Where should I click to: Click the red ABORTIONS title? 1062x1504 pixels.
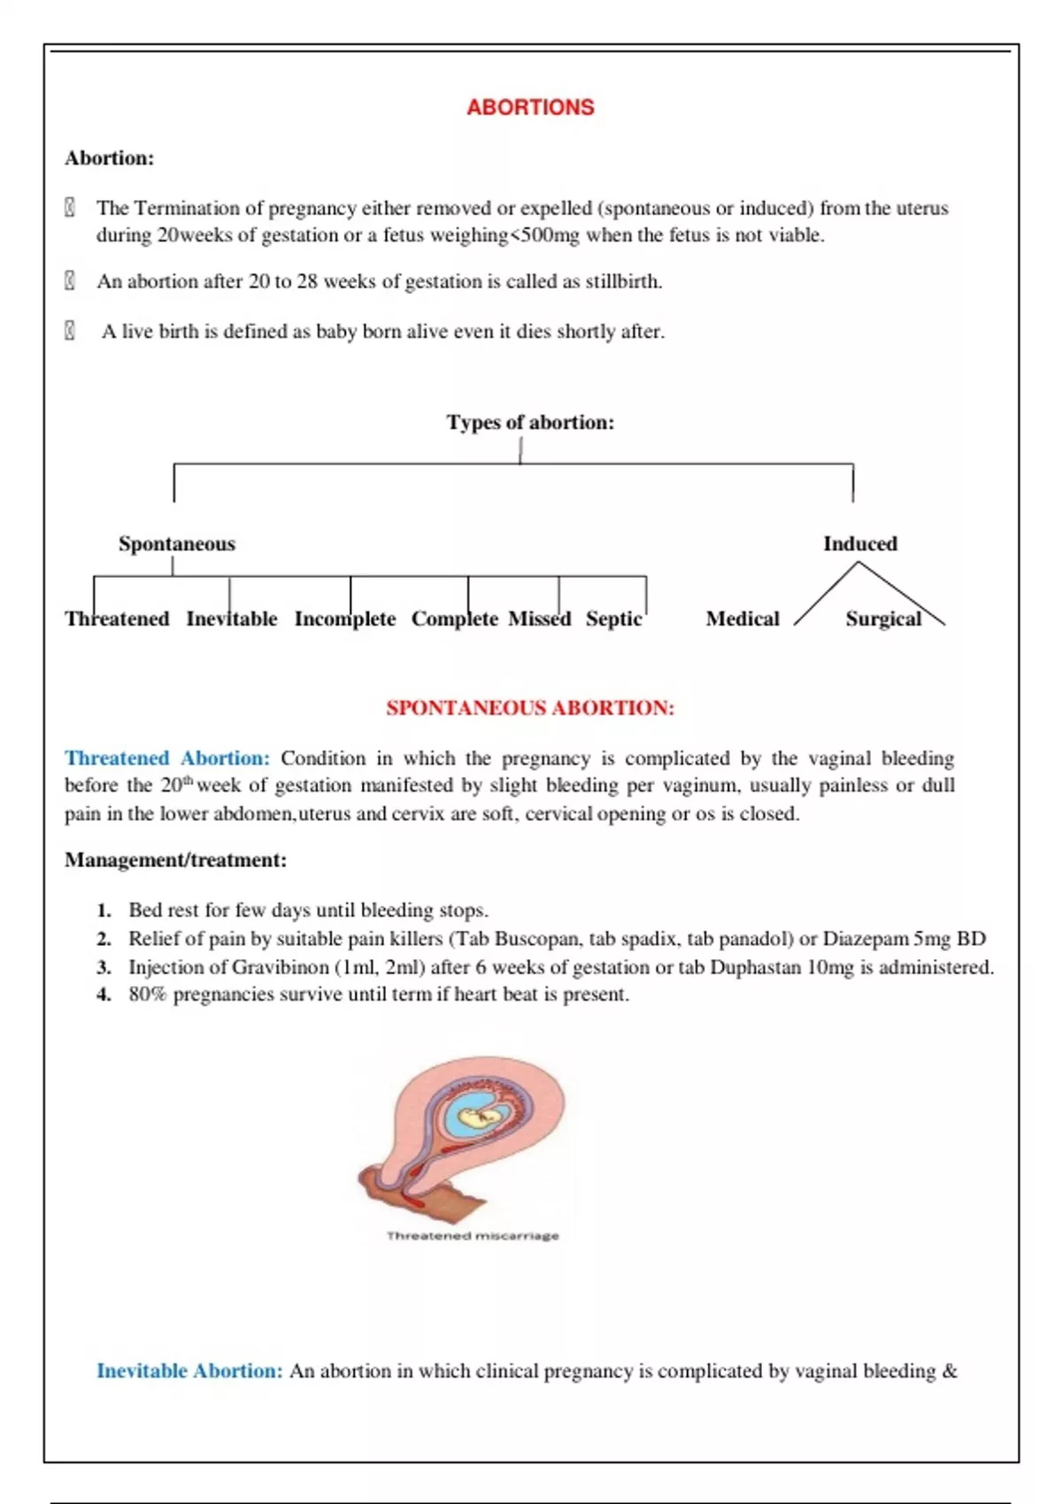[x=530, y=107]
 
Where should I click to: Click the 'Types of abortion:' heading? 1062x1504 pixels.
[x=529, y=422]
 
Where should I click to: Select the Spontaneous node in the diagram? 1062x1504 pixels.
[x=177, y=543]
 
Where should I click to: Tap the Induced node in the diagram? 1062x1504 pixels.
[x=859, y=543]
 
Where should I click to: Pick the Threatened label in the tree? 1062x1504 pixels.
[x=117, y=618]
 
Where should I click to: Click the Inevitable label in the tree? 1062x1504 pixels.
[x=231, y=618]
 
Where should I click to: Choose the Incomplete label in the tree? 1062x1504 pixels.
[x=345, y=618]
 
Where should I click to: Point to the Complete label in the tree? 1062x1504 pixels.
[x=455, y=618]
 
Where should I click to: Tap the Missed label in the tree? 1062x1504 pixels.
[x=539, y=618]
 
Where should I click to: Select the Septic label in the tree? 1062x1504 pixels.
[x=613, y=618]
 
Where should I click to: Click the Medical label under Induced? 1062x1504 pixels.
[x=743, y=618]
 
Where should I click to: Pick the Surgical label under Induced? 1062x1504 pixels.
[x=883, y=618]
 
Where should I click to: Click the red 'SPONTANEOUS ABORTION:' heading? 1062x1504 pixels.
[x=530, y=708]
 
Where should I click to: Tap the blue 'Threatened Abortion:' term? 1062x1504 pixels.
[x=167, y=758]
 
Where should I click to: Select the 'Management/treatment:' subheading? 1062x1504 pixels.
[x=175, y=860]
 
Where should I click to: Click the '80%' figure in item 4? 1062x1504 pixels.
[x=147, y=994]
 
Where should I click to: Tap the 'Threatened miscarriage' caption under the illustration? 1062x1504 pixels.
[x=473, y=1236]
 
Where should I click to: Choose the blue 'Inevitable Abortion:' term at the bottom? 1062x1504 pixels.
[x=189, y=1370]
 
